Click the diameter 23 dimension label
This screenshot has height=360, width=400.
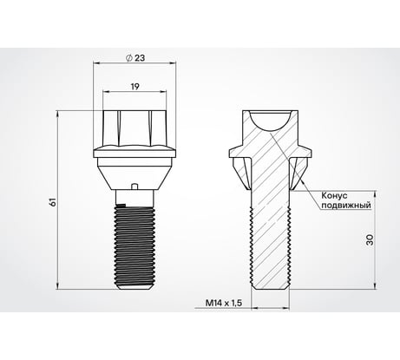pyautogui.click(x=135, y=58)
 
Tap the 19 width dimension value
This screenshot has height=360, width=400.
pyautogui.click(x=135, y=87)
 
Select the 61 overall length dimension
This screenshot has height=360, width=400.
pyautogui.click(x=53, y=202)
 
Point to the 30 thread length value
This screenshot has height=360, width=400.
pyautogui.click(x=370, y=239)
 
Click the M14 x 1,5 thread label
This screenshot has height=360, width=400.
pyautogui.click(x=224, y=303)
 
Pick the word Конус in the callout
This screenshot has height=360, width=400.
pyautogui.click(x=335, y=195)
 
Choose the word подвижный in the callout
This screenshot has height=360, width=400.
pyautogui.click(x=346, y=206)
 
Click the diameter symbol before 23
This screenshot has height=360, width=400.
pyautogui.click(x=129, y=58)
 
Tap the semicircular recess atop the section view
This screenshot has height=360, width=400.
pyautogui.click(x=271, y=121)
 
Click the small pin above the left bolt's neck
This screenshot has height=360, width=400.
pyautogui.click(x=134, y=187)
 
